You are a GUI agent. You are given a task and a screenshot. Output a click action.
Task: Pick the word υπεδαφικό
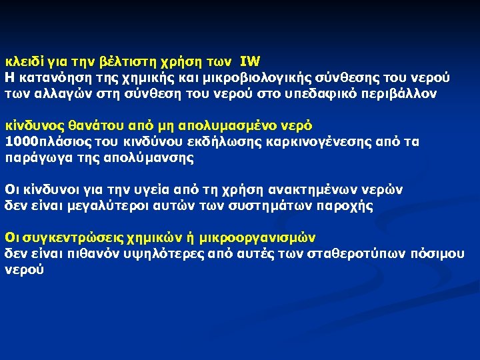click(313, 93)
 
